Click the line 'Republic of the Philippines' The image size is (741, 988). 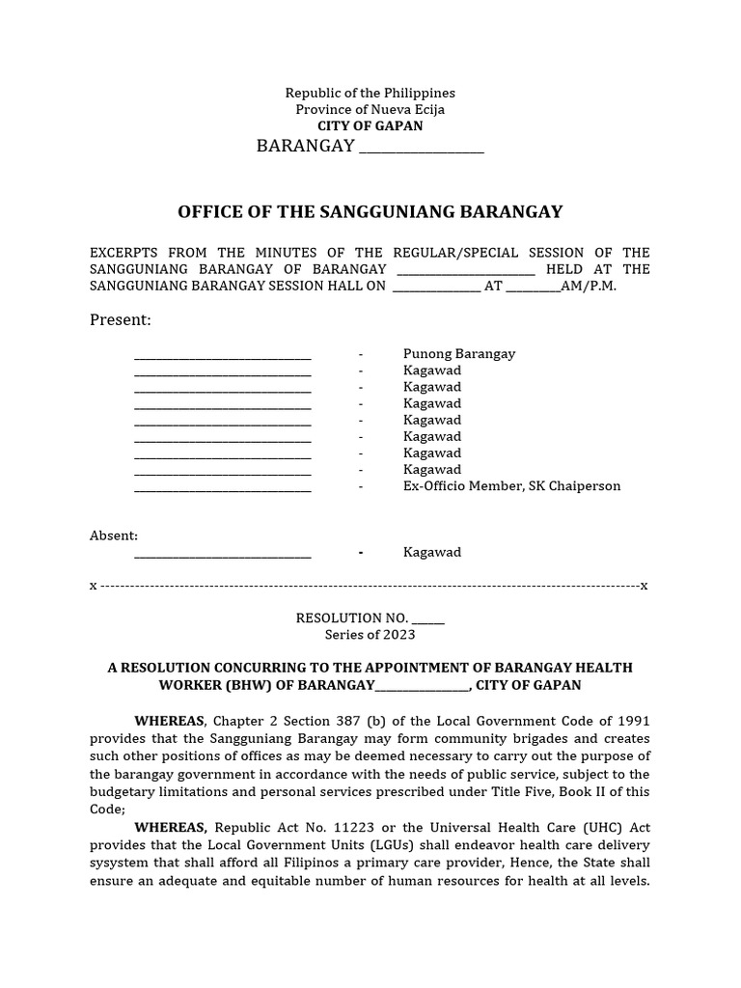click(370, 93)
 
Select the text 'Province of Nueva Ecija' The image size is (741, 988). click(370, 109)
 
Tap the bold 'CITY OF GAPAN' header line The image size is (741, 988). click(370, 125)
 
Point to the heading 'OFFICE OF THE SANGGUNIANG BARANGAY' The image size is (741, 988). click(370, 212)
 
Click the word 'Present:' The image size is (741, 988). click(121, 319)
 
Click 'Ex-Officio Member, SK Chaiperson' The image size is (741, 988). click(511, 485)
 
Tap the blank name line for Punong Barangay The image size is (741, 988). click(223, 355)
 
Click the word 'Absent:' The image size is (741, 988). click(114, 535)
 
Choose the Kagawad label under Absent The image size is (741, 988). click(432, 552)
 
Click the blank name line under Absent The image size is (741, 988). click(223, 554)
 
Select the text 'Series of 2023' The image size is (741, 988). click(370, 634)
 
